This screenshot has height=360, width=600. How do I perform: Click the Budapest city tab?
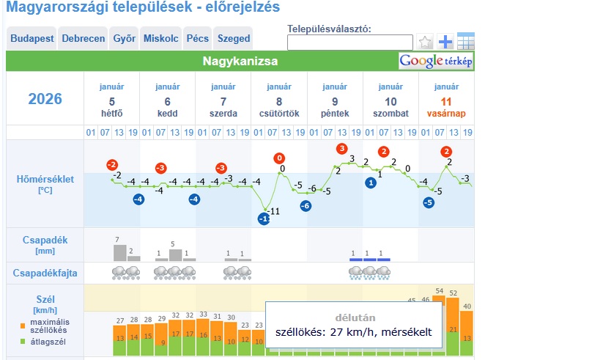[32, 39]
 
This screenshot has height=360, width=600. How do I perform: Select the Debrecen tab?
[83, 39]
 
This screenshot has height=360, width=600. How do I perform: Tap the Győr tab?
[125, 39]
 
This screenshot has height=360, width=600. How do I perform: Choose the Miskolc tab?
[160, 39]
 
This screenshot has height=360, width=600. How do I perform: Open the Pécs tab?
[197, 39]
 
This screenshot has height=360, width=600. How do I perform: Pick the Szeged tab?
[234, 39]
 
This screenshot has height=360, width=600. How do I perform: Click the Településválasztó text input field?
[349, 43]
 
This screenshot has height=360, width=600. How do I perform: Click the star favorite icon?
[426, 41]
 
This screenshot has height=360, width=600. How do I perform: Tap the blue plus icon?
[445, 41]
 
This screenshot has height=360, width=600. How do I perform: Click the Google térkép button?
[436, 61]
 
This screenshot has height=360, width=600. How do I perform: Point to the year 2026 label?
[45, 99]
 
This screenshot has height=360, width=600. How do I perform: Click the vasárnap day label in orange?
[446, 114]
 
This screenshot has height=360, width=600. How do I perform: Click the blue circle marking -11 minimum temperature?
[264, 218]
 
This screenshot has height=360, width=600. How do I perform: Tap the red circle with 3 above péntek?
[341, 149]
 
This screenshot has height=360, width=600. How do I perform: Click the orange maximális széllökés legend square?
[23, 325]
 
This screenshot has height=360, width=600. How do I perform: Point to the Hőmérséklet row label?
[45, 179]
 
